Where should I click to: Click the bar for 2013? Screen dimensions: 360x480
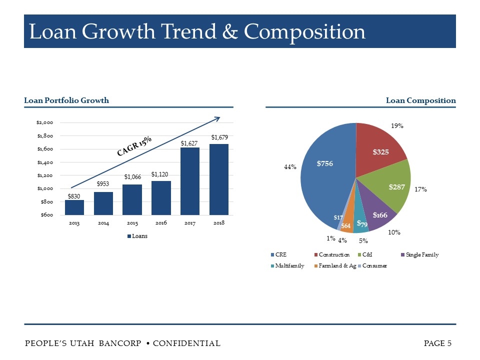pos(74,207)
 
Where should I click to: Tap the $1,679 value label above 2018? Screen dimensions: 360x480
pos(219,137)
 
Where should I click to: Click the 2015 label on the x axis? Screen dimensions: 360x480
pos(132,223)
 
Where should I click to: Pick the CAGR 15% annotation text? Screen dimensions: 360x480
pos(134,146)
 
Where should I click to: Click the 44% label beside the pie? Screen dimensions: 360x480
pos(290,167)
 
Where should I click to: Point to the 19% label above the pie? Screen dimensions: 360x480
pos(397,126)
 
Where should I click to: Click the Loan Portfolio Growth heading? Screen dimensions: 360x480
pos(66,100)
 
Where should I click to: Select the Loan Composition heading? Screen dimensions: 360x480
pos(420,100)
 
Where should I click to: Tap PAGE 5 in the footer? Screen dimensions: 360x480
pos(437,343)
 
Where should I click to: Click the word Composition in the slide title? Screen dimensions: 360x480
pos(304,31)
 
